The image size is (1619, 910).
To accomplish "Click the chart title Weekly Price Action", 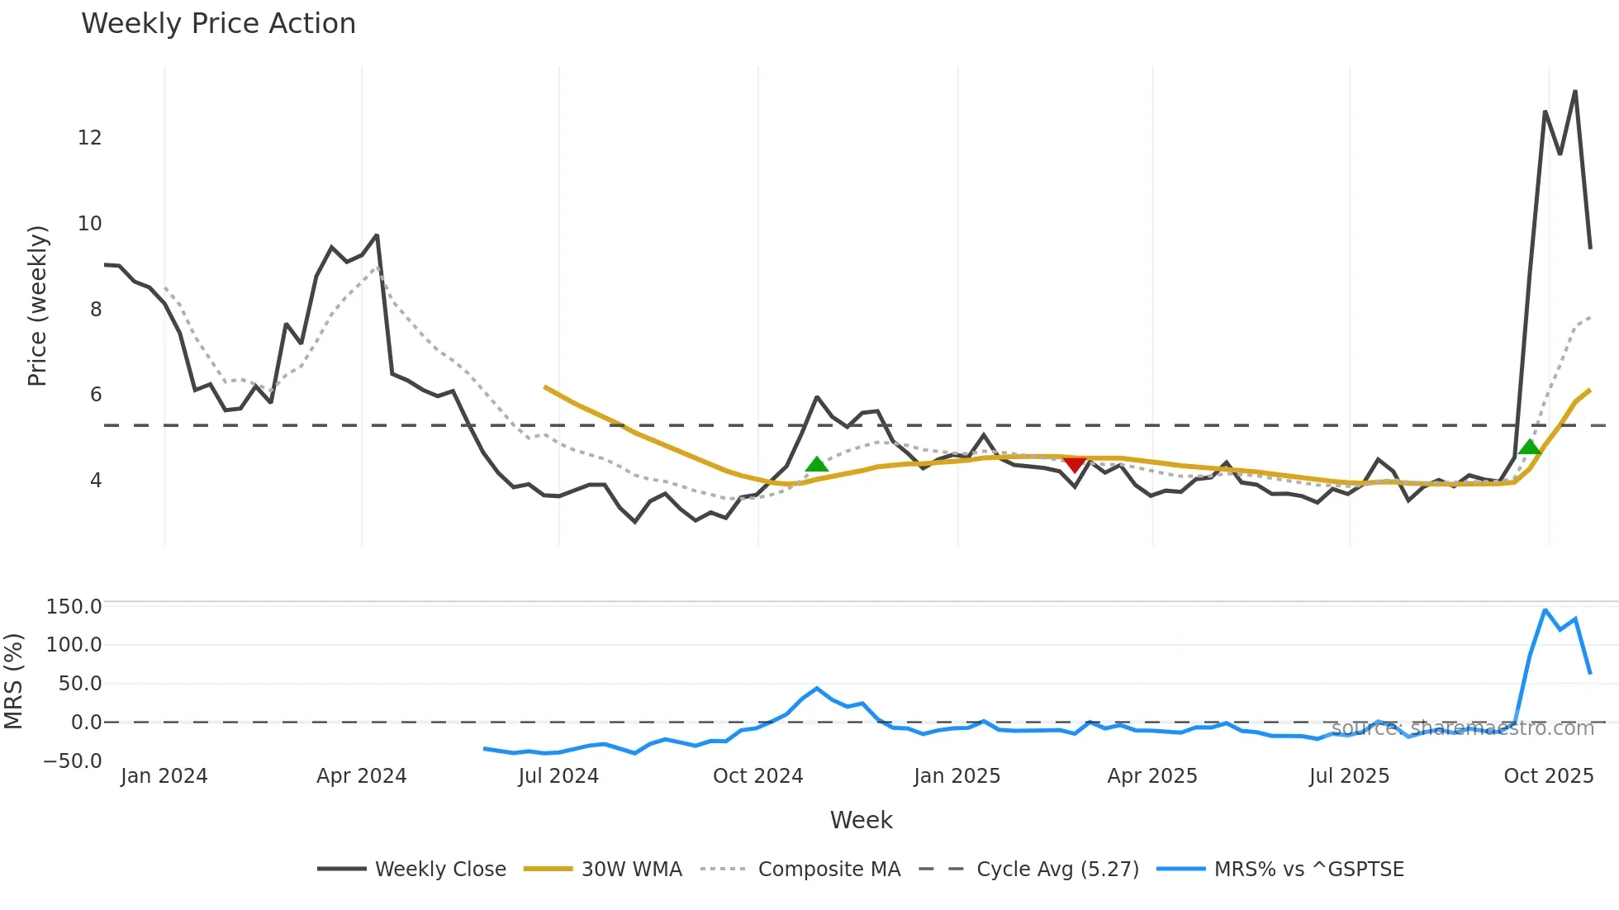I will (x=218, y=24).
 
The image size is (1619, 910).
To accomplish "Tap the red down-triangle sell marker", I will (x=1074, y=465).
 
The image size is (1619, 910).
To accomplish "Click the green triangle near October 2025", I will (x=1530, y=448).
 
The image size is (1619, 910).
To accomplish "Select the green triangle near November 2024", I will (x=816, y=464).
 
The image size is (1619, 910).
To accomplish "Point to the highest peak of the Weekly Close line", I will (x=1575, y=92).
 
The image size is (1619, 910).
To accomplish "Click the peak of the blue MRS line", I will (x=1545, y=610).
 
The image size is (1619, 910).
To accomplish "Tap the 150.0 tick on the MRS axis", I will (x=74, y=607).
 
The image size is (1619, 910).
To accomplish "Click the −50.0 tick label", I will (x=73, y=761).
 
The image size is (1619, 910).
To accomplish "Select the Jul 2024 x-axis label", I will (x=558, y=776).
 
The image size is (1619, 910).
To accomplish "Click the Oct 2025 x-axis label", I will (x=1548, y=776).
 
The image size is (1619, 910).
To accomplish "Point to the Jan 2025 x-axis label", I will (x=957, y=776).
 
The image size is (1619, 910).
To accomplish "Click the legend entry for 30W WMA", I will (x=631, y=870).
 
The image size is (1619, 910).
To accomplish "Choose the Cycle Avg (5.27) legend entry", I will (x=1056, y=870).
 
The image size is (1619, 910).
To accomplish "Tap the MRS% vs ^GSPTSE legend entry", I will (x=1308, y=870).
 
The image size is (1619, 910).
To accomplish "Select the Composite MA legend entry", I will (x=828, y=870).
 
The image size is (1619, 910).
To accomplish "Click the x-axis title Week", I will (x=861, y=820).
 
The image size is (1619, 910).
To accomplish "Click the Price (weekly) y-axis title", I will (x=37, y=306).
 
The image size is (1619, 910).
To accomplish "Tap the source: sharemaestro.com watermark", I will (x=1462, y=728).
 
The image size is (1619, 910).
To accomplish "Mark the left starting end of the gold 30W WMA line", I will (x=545, y=386).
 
